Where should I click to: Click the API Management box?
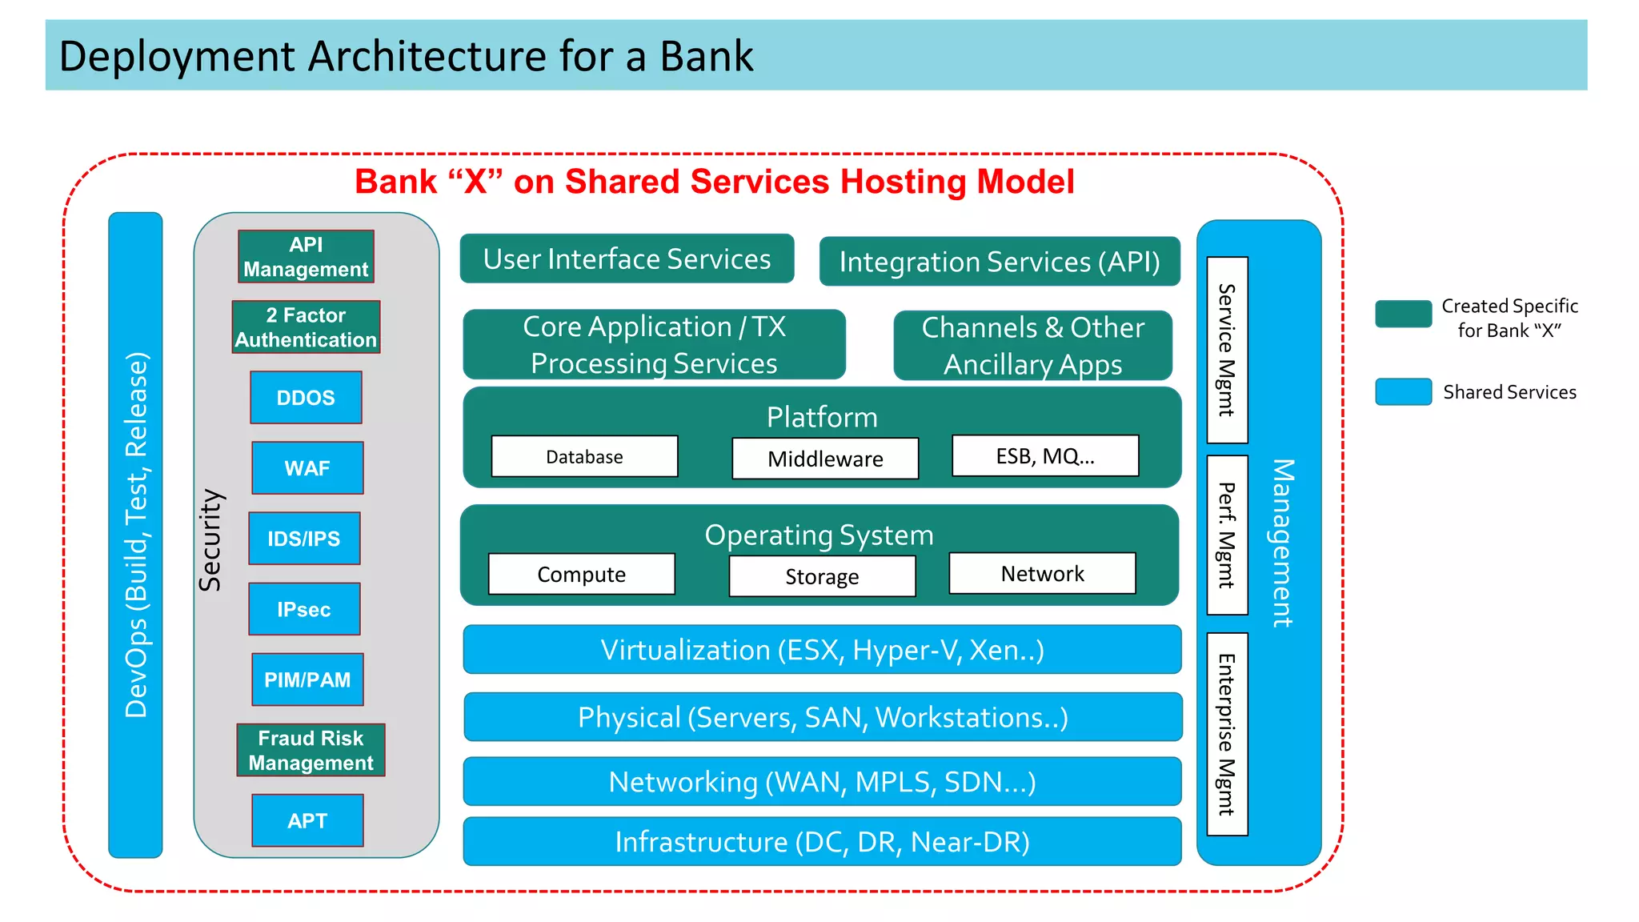coord(306,257)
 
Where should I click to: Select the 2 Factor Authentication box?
coord(306,327)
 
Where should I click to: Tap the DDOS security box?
coord(306,398)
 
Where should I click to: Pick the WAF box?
coord(307,468)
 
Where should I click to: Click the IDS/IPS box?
coord(304,539)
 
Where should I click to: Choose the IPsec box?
coord(304,609)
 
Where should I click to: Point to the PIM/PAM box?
coord(307,679)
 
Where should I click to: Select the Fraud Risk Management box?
coord(311,750)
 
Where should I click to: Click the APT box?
coord(307,820)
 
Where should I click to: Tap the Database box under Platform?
coord(584,456)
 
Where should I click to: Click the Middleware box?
coord(825,459)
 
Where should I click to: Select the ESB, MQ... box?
coord(1045,456)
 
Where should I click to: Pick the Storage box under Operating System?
coord(822,576)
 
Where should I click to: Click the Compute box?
coord(582,574)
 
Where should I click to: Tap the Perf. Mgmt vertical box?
coord(1227,535)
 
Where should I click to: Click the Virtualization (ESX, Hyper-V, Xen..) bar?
coord(822,650)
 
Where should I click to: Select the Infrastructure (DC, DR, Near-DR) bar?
coord(822,842)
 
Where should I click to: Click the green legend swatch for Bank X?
coord(1403,314)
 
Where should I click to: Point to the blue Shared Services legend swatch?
coord(1403,391)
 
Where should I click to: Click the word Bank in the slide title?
coord(706,56)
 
